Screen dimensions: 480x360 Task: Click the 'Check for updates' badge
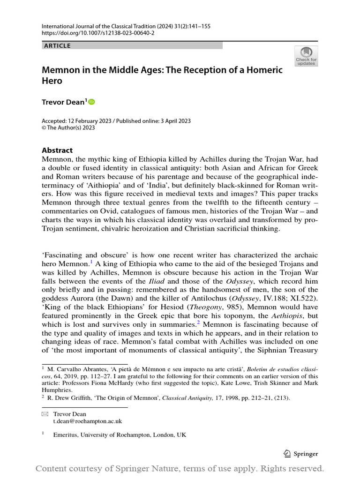click(306, 56)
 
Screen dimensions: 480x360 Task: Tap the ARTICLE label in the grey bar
click(57, 46)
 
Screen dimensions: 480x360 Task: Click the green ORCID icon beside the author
click(91, 102)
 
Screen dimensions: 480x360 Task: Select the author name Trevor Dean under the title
click(63, 102)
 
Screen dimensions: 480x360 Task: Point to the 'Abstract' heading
click(57, 150)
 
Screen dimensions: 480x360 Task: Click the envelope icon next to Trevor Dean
click(45, 414)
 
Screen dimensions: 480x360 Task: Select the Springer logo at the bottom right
click(301, 453)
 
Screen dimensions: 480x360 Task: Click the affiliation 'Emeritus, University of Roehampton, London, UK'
click(120, 435)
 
